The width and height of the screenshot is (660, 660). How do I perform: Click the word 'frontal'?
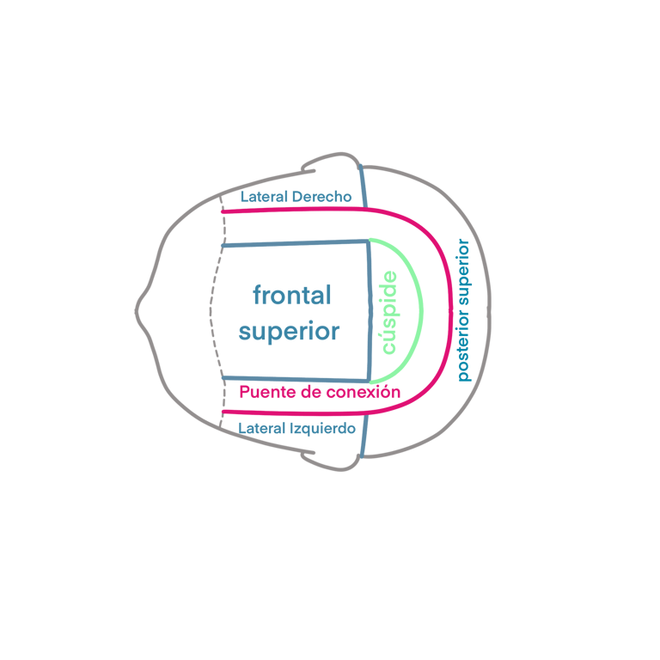point(291,296)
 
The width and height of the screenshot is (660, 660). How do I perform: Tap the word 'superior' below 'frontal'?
point(290,332)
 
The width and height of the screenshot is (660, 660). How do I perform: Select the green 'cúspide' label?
point(389,312)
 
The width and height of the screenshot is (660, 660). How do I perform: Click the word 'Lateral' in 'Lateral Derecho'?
point(264,197)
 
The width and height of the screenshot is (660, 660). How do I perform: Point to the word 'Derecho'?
point(321,197)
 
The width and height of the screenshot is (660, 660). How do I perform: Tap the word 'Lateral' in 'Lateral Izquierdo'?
point(263,428)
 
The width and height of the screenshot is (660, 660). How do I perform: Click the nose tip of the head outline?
point(137,310)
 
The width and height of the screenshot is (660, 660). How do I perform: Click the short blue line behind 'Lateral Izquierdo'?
point(364,436)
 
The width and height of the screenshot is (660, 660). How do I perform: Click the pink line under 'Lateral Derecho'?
point(292,211)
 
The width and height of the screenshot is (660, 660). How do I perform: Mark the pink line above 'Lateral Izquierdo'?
point(292,412)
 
